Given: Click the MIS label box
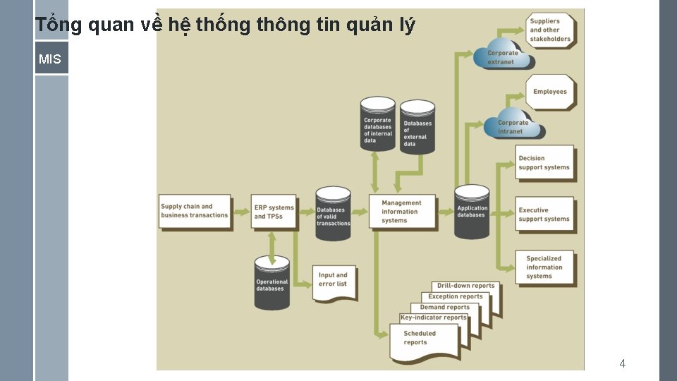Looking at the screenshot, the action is [51, 59].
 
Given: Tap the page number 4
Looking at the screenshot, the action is [622, 364].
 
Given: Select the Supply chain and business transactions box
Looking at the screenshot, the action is [195, 211].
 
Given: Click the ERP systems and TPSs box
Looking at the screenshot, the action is [274, 212].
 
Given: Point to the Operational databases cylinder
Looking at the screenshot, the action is [272, 284].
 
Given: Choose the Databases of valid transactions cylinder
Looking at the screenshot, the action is [333, 214].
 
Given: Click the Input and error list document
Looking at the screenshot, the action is [334, 281].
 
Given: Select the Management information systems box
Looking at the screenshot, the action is [402, 212].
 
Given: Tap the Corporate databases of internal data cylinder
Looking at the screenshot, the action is [378, 127].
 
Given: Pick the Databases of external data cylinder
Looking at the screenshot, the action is [417, 128].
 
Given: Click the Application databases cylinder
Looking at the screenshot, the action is [472, 212].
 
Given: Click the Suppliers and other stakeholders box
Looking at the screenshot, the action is [550, 30].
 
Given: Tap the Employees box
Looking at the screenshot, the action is [550, 92].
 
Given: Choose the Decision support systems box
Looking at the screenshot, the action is [544, 163].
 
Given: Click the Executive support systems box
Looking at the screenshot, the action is [544, 214].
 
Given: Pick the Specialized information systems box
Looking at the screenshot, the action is [544, 267].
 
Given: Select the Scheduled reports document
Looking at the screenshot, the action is [422, 339].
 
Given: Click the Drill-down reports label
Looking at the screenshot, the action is [466, 286].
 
